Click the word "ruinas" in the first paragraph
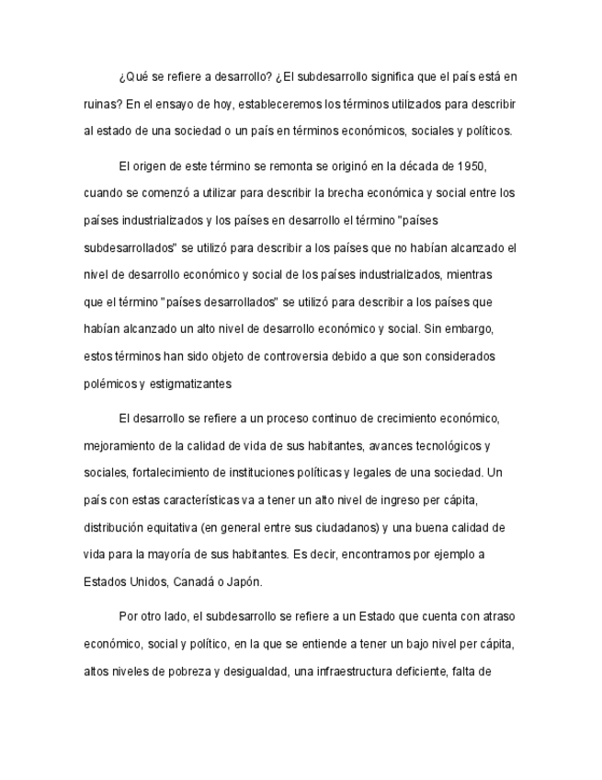click(100, 104)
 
